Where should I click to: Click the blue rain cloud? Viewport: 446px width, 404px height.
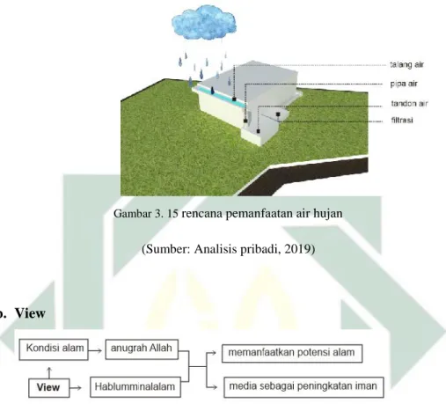(204, 23)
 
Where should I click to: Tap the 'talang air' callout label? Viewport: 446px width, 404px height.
(406, 64)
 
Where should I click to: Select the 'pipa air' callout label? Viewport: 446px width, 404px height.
(404, 84)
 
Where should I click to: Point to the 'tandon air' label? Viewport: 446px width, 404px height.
(409, 103)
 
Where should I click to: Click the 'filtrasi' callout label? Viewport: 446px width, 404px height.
(402, 120)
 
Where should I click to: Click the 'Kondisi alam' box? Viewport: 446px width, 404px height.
(54, 349)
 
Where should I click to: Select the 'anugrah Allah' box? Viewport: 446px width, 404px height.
(142, 349)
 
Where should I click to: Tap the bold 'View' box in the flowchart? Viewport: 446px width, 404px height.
(48, 387)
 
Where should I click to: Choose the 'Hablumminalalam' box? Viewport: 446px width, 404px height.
(135, 387)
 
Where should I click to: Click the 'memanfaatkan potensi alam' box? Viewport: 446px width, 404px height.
(292, 353)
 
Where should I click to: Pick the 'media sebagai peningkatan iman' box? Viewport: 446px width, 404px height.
(303, 387)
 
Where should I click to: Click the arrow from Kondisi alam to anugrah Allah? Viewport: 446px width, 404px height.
(95, 350)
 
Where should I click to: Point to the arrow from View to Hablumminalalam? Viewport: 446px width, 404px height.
(76, 388)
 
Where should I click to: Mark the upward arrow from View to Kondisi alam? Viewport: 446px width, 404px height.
(49, 372)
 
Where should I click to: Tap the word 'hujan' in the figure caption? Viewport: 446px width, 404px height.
(328, 214)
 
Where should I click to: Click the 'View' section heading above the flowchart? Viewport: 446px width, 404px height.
(30, 313)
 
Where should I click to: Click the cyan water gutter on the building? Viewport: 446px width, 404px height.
(221, 95)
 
